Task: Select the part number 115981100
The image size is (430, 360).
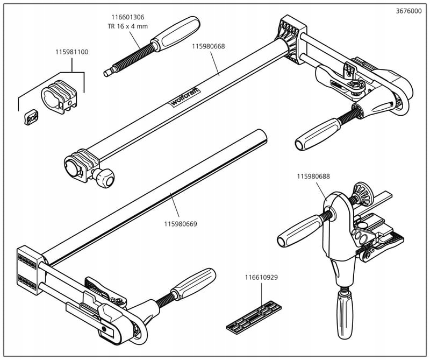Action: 71,52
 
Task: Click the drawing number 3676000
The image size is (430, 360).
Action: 408,11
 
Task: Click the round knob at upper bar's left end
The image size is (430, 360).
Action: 104,178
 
